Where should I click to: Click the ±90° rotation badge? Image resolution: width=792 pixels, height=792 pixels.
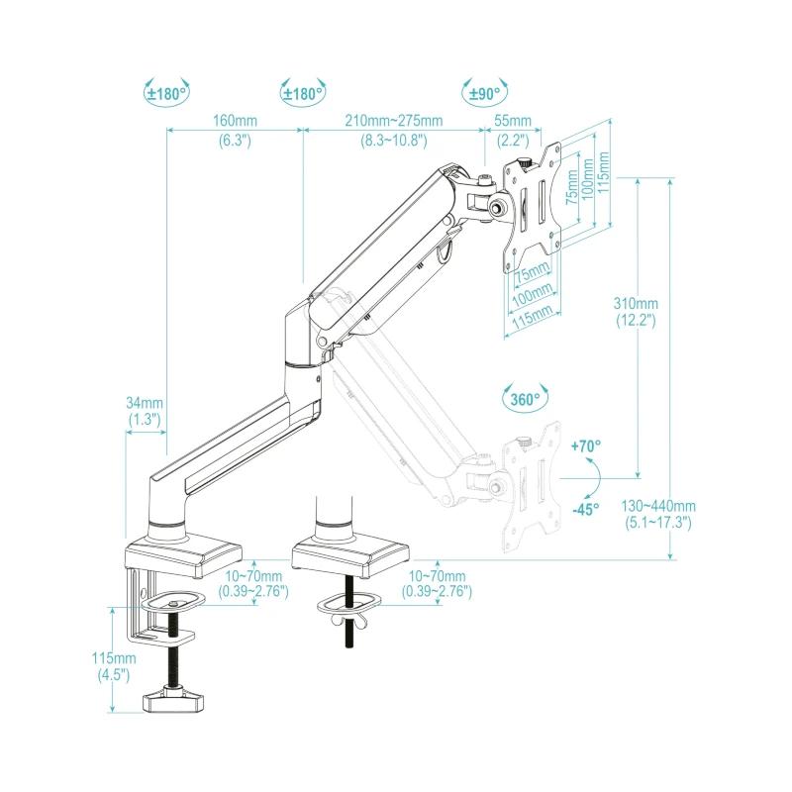pos(483,93)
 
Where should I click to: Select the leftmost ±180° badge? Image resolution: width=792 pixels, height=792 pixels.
pos(166,93)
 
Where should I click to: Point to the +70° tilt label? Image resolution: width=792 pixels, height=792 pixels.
pos(586,446)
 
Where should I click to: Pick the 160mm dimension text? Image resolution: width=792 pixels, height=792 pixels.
pos(235,121)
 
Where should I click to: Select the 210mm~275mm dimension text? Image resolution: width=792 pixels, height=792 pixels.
pos(393,121)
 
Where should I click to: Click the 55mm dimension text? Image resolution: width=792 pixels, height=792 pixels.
pos(512,121)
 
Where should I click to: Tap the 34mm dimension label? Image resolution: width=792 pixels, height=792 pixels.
pos(145,403)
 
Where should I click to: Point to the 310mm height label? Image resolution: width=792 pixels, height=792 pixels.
pos(636,303)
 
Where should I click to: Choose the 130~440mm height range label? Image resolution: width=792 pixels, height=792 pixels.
pos(658,505)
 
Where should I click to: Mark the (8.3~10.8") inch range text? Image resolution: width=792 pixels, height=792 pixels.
pos(393,141)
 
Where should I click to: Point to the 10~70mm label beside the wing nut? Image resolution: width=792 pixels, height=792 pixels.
pos(437,575)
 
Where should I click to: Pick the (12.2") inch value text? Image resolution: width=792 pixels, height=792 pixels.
pos(636,321)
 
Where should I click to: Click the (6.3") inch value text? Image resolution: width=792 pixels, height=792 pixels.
pos(235,141)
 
